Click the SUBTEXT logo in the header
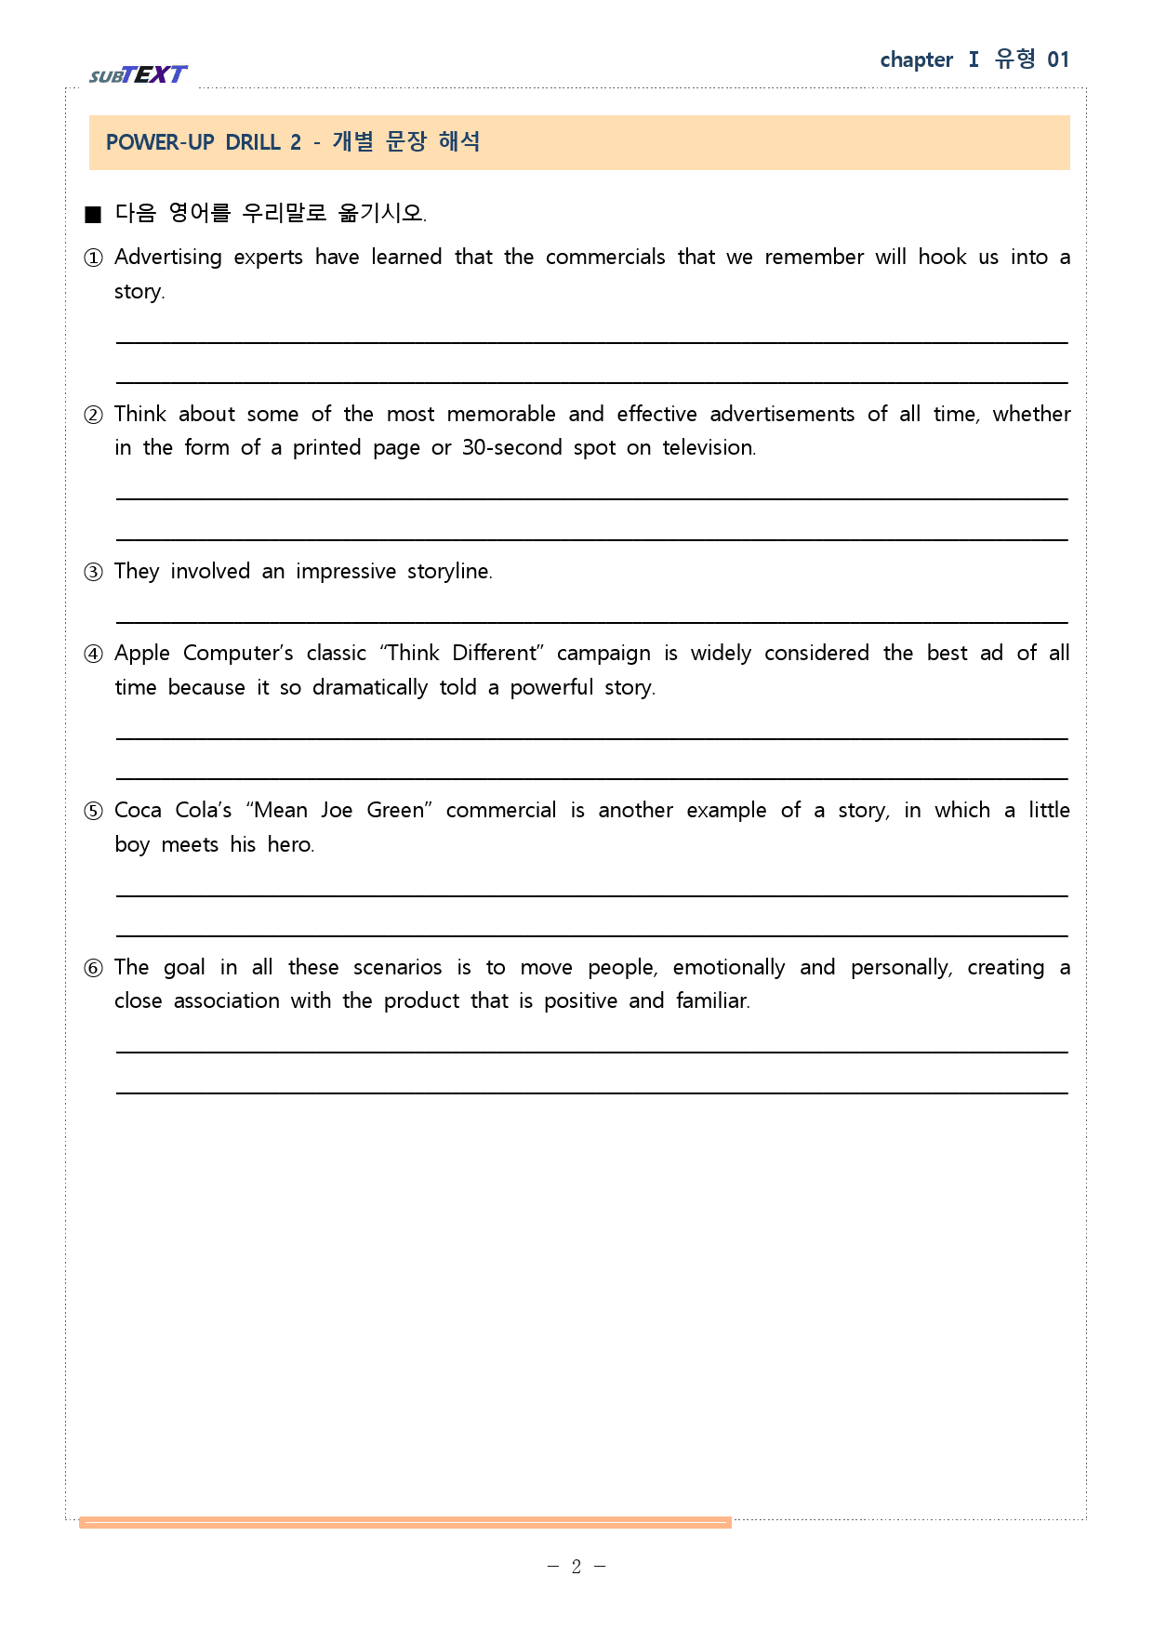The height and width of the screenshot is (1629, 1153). pyautogui.click(x=139, y=74)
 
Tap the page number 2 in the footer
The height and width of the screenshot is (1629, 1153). pyautogui.click(x=576, y=1567)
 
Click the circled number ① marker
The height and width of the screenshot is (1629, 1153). pyautogui.click(x=93, y=258)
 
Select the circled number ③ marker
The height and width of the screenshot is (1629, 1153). pyautogui.click(x=93, y=572)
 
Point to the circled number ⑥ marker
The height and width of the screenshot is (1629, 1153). pyautogui.click(x=93, y=968)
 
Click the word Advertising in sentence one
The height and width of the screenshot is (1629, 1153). pyautogui.click(x=168, y=258)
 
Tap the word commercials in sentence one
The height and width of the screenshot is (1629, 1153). pyautogui.click(x=605, y=258)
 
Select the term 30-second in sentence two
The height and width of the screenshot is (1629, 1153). pyautogui.click(x=512, y=448)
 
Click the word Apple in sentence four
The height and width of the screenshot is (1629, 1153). pyautogui.click(x=142, y=654)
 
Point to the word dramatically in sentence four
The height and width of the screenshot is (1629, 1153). pyautogui.click(x=370, y=688)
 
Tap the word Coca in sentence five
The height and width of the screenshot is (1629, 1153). pyautogui.click(x=138, y=811)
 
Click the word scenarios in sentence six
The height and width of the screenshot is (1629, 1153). pyautogui.click(x=397, y=968)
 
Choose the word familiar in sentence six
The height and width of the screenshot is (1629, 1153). pyautogui.click(x=712, y=1001)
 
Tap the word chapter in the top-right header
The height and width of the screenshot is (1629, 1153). pyautogui.click(x=916, y=60)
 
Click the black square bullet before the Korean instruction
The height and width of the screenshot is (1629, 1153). pyautogui.click(x=92, y=215)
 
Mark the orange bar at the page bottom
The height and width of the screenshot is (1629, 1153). pyautogui.click(x=405, y=1522)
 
